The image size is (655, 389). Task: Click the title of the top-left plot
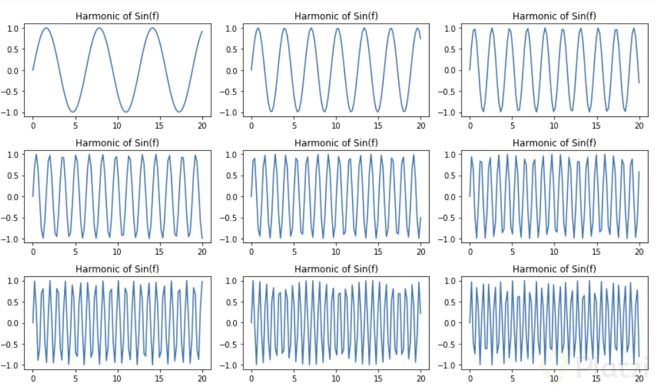click(117, 16)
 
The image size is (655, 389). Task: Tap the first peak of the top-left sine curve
click(46, 28)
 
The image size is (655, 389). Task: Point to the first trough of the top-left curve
click(72, 112)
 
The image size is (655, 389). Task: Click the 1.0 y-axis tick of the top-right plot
click(457, 28)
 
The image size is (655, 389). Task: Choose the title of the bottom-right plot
click(554, 269)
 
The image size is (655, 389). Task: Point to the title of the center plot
click(336, 142)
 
